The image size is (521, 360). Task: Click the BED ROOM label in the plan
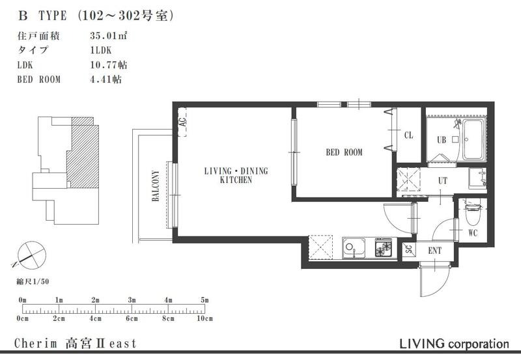pyautogui.click(x=344, y=152)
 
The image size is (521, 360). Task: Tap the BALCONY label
pyautogui.click(x=156, y=186)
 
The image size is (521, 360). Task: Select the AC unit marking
pyautogui.click(x=182, y=122)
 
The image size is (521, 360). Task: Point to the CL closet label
pyautogui.click(x=409, y=135)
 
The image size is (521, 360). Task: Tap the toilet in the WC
pyautogui.click(x=472, y=214)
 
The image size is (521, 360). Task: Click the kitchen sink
pyautogui.click(x=354, y=249)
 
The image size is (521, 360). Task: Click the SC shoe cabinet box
pyautogui.click(x=409, y=249)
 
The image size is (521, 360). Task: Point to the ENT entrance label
pyautogui.click(x=434, y=251)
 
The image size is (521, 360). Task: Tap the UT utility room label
pyautogui.click(x=443, y=181)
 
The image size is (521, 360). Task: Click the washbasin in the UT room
pyautogui.click(x=478, y=178)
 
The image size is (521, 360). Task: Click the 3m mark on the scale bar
pyautogui.click(x=132, y=300)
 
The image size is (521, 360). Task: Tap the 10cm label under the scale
pyautogui.click(x=204, y=319)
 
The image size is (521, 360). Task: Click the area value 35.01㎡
pyautogui.click(x=109, y=36)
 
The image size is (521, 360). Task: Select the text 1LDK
pyautogui.click(x=101, y=50)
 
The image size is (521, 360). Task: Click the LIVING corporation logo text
pyautogui.click(x=454, y=344)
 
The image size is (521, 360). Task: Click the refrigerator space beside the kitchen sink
pyautogui.click(x=320, y=247)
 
